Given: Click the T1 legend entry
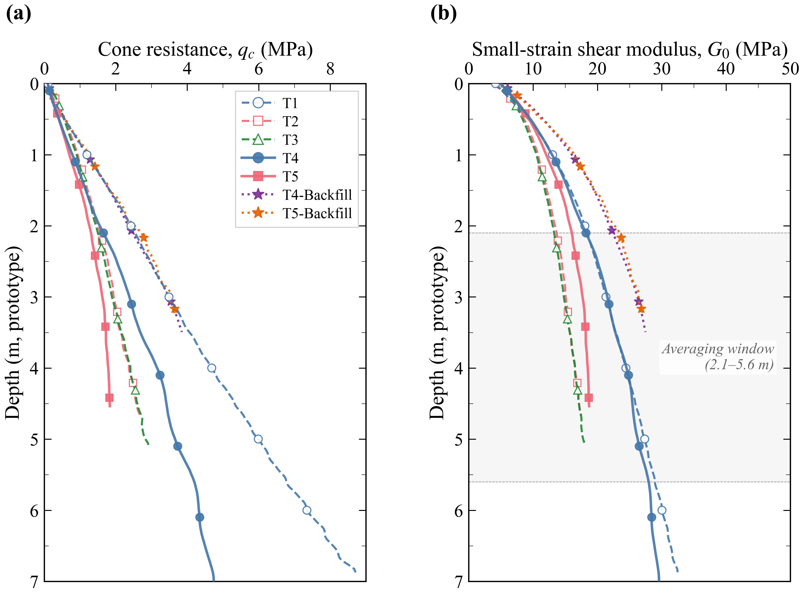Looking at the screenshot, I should point(290,103).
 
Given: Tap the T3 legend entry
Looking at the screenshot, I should point(290,140).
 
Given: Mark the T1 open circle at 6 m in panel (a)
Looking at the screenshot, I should point(307,510).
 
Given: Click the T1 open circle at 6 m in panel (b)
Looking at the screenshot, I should point(662,510).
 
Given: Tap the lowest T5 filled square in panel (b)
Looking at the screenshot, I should point(589,398).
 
